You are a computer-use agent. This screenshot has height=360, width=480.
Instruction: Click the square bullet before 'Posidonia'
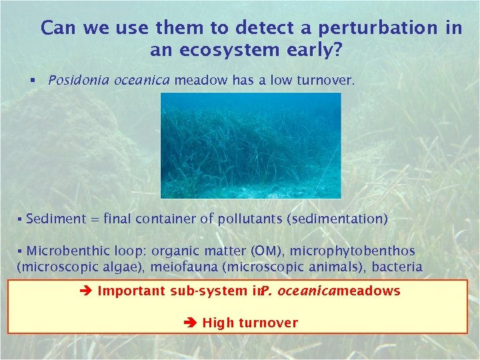tap(31, 81)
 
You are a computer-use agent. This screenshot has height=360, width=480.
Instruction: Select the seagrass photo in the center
tap(250, 145)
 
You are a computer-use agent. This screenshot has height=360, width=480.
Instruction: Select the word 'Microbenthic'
tap(65, 251)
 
